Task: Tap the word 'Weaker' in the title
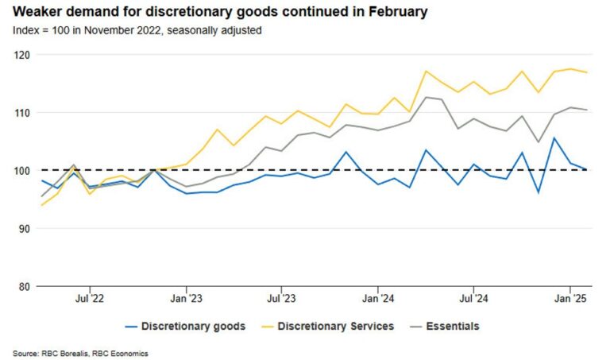35,12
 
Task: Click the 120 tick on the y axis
21,55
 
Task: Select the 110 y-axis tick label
21,113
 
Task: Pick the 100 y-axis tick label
21,171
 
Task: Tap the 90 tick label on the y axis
23,229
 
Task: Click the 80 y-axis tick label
23,287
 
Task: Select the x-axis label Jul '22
89,300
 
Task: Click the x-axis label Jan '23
185,300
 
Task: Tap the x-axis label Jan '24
377,300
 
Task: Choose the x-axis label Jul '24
473,300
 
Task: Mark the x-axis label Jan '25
569,300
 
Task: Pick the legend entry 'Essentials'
453,326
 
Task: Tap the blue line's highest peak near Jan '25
554,138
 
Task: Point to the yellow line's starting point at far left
41,205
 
